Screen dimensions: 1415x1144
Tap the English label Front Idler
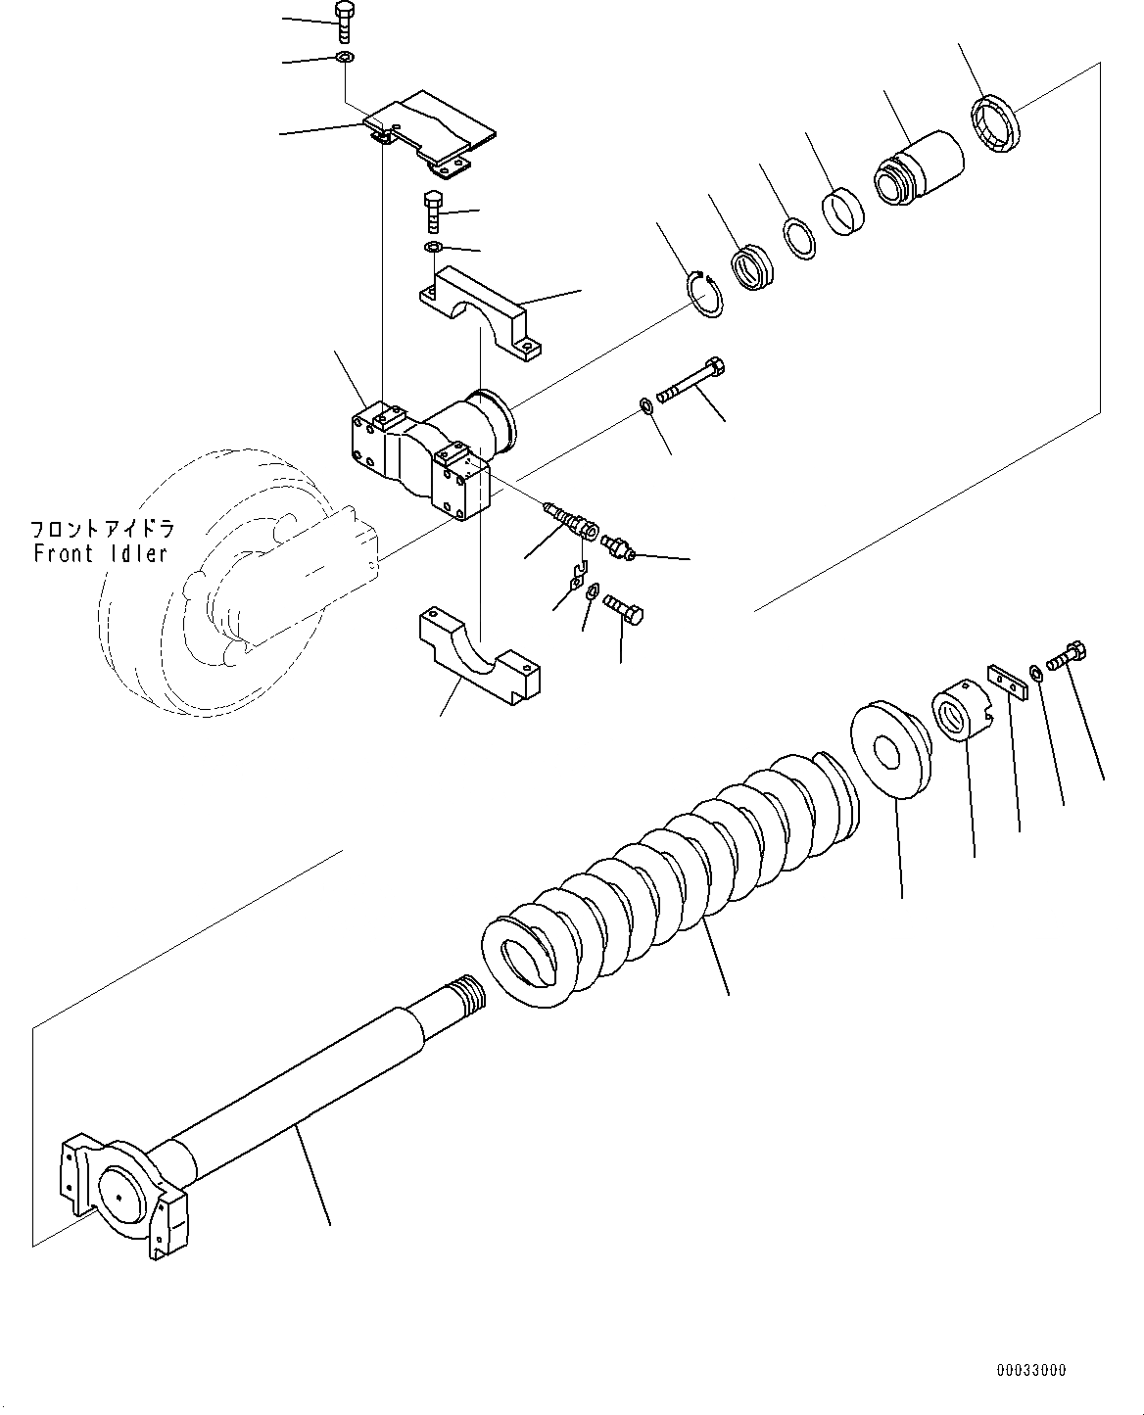click(100, 553)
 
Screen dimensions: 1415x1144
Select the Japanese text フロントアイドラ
click(102, 530)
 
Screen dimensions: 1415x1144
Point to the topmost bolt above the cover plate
click(345, 23)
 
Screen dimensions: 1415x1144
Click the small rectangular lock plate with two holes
click(1007, 680)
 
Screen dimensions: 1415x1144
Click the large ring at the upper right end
click(995, 123)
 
